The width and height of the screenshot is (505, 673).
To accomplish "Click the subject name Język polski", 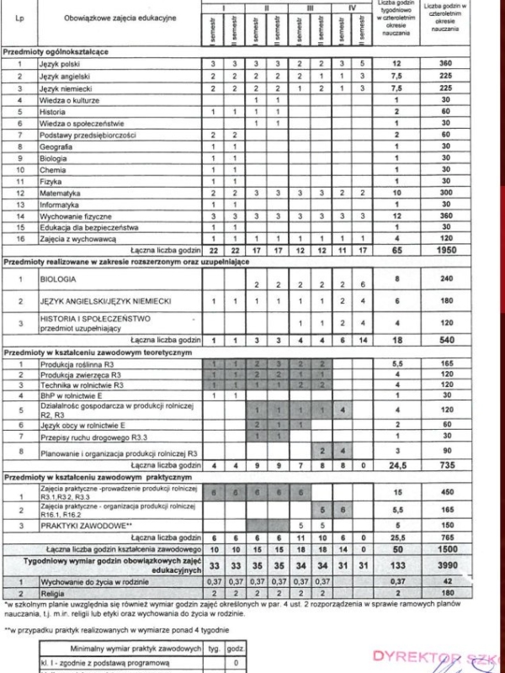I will click(60, 64).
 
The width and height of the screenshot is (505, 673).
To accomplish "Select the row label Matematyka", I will click(58, 193).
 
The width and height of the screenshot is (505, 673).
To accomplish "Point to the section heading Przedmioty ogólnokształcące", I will click(56, 52).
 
